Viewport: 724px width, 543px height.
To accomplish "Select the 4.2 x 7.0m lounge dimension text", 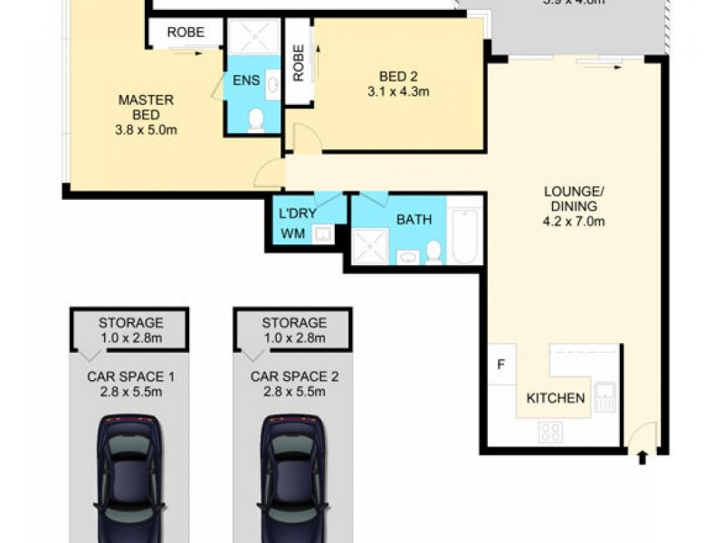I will [x=574, y=221].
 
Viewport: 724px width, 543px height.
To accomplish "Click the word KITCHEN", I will [x=556, y=398].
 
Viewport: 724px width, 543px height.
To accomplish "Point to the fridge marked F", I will [x=500, y=367].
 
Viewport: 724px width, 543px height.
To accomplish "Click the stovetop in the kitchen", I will [x=549, y=432].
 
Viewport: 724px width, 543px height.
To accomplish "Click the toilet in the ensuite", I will [x=256, y=119].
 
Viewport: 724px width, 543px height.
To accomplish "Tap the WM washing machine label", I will [x=292, y=235].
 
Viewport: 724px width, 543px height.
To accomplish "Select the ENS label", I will [x=245, y=81].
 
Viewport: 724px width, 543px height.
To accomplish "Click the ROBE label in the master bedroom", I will [x=185, y=33].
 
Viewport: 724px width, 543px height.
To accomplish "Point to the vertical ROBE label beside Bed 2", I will [x=298, y=62].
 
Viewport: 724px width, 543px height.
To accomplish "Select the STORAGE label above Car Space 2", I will [x=293, y=322].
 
